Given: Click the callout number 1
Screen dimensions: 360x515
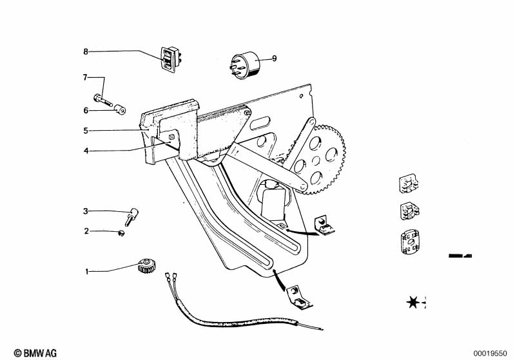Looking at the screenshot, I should [86, 271].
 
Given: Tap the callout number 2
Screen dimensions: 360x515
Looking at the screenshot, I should [86, 231].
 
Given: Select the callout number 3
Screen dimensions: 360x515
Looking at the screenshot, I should [85, 211].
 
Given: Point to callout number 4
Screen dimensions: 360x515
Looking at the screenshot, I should [85, 151].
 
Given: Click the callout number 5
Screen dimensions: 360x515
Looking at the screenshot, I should [85, 131].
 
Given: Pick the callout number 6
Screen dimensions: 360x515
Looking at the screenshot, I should [85, 110].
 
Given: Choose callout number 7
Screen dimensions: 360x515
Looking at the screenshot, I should [84, 77].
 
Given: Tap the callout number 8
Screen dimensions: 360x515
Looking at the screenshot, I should [85, 50].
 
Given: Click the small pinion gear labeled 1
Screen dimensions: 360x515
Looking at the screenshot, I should [146, 265].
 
